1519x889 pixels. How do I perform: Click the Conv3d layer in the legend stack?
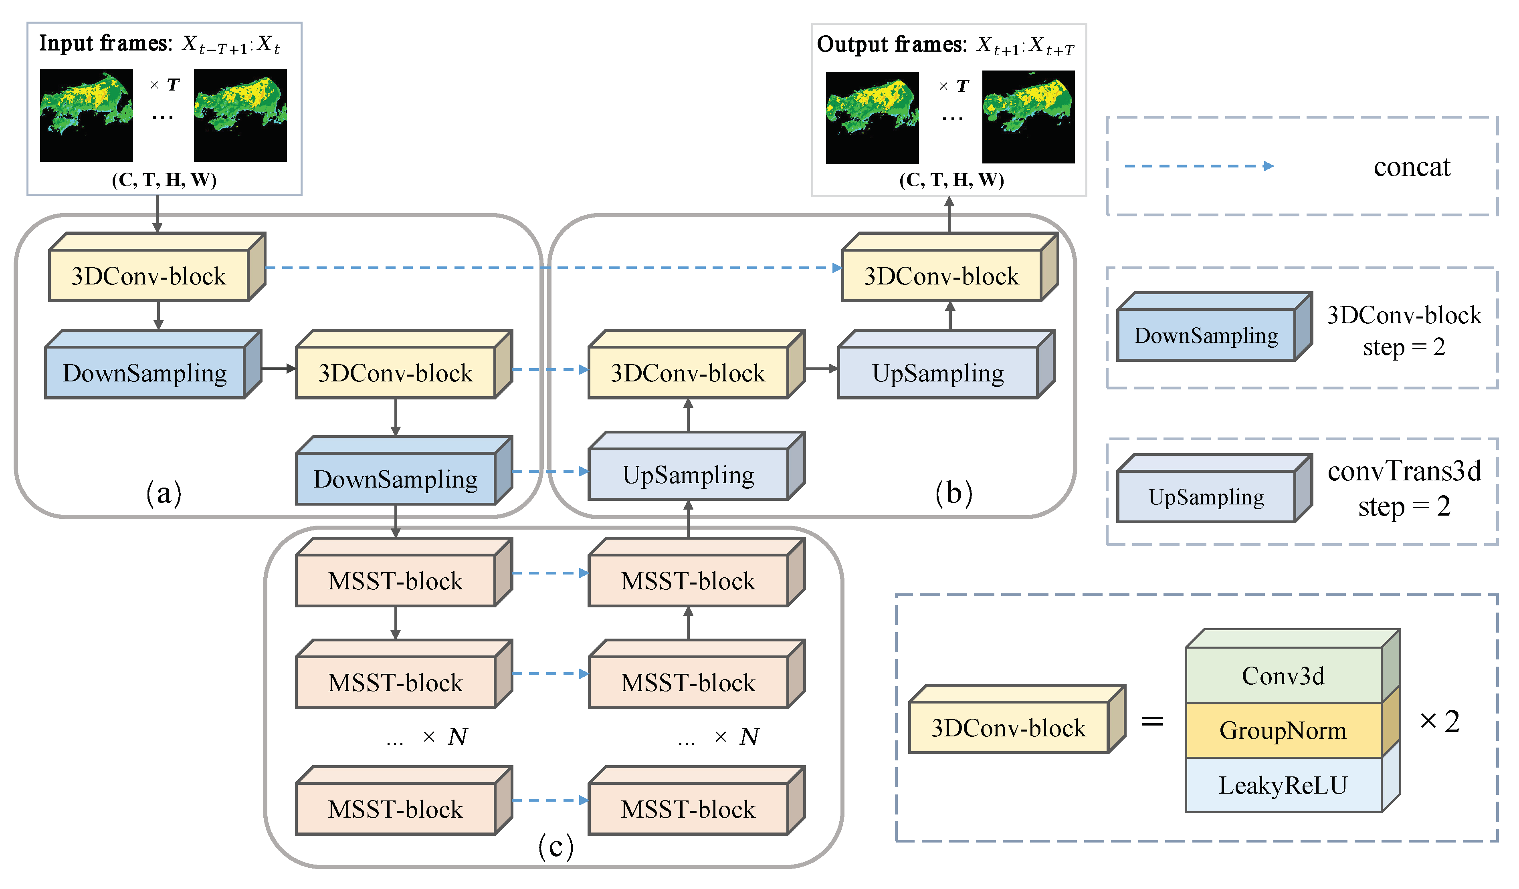[x=1283, y=675]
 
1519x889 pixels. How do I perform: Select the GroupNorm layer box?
[x=1283, y=730]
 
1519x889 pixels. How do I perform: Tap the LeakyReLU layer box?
[x=1283, y=785]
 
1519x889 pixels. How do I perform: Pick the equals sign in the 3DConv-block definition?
[x=1152, y=721]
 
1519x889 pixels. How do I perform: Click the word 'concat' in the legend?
[x=1412, y=167]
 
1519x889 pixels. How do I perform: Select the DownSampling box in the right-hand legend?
[x=1206, y=335]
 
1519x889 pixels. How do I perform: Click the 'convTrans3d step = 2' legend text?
[x=1404, y=488]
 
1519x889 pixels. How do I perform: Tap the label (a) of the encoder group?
[x=164, y=493]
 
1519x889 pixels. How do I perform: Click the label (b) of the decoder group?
[x=953, y=493]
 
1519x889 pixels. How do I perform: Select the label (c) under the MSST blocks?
[x=555, y=846]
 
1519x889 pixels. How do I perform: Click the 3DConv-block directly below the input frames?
[x=148, y=276]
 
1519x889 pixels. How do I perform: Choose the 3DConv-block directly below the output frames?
[x=941, y=276]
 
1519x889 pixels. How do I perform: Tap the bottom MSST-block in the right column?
[x=688, y=809]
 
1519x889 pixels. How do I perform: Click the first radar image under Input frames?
[x=86, y=115]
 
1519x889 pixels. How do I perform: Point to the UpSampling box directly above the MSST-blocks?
[x=688, y=474]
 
